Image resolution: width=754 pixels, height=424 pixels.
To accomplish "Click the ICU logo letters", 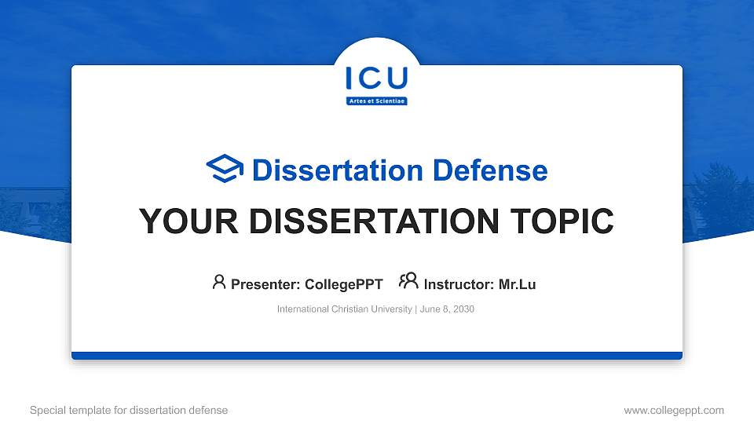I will coord(376,79).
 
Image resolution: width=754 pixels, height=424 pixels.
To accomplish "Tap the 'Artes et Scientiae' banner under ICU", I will coord(377,101).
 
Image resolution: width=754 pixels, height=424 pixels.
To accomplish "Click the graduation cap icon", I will coord(225,169).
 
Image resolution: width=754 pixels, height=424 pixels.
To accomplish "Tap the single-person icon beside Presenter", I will coord(219,282).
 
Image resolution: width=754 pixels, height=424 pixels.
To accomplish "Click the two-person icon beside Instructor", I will coord(408,281).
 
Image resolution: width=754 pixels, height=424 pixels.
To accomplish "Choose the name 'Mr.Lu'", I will coord(517,284).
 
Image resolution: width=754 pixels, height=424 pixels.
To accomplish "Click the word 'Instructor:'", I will coord(459,284).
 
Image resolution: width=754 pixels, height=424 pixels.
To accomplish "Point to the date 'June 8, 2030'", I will coord(447,309).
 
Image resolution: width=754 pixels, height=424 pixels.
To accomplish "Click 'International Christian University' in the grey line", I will coord(344,309).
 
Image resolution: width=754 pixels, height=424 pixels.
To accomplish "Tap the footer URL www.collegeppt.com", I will coord(673,410).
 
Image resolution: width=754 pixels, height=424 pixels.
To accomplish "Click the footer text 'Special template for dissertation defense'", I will coord(129,410).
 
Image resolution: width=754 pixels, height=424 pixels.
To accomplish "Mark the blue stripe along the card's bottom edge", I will coord(377,356).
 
